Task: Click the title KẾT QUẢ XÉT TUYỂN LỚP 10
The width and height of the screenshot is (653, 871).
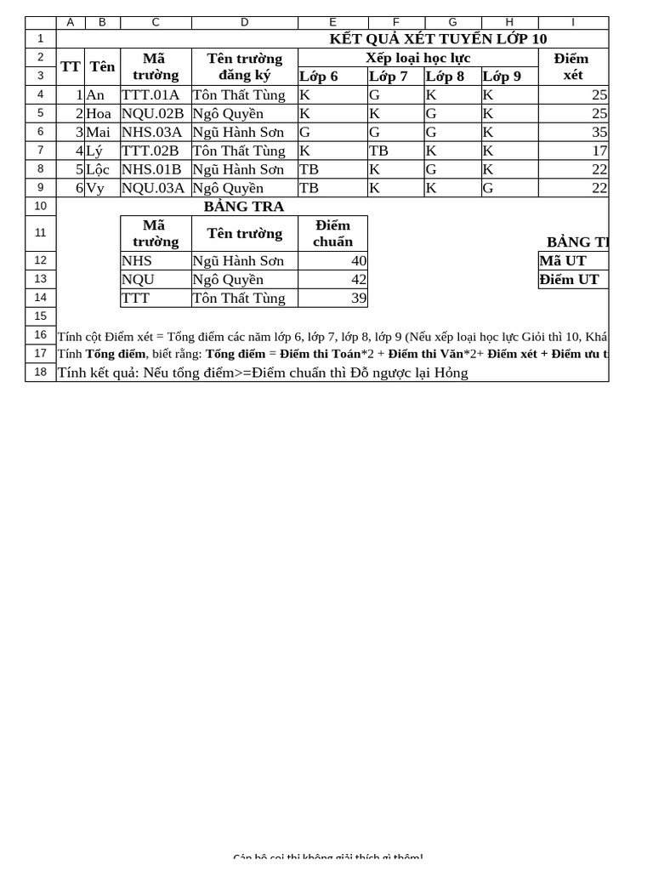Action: pyautogui.click(x=438, y=39)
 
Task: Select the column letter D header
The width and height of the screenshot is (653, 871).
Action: pyautogui.click(x=244, y=23)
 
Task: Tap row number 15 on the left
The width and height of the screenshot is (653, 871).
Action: pyautogui.click(x=40, y=316)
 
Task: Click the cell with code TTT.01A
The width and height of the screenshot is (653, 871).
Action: pyautogui.click(x=150, y=95)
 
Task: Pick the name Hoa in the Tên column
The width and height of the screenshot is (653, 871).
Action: pyautogui.click(x=99, y=114)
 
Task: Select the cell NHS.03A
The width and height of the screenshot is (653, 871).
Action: pyautogui.click(x=151, y=133)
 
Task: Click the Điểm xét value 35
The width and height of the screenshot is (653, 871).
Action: pyautogui.click(x=599, y=133)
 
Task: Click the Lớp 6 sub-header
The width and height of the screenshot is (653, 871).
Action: pyautogui.click(x=319, y=77)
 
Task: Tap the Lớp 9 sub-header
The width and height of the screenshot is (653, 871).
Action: pyautogui.click(x=502, y=77)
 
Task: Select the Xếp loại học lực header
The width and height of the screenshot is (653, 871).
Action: pyautogui.click(x=417, y=58)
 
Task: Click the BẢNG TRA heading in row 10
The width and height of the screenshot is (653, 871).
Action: pyautogui.click(x=244, y=207)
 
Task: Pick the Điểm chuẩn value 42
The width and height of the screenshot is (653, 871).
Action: pyautogui.click(x=359, y=280)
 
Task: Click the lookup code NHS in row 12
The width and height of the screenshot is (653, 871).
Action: pyautogui.click(x=137, y=261)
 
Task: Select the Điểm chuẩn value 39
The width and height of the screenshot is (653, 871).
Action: pyautogui.click(x=359, y=299)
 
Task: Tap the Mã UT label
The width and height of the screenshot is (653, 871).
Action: pyautogui.click(x=564, y=261)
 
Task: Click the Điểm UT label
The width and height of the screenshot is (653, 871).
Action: pyautogui.click(x=570, y=280)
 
